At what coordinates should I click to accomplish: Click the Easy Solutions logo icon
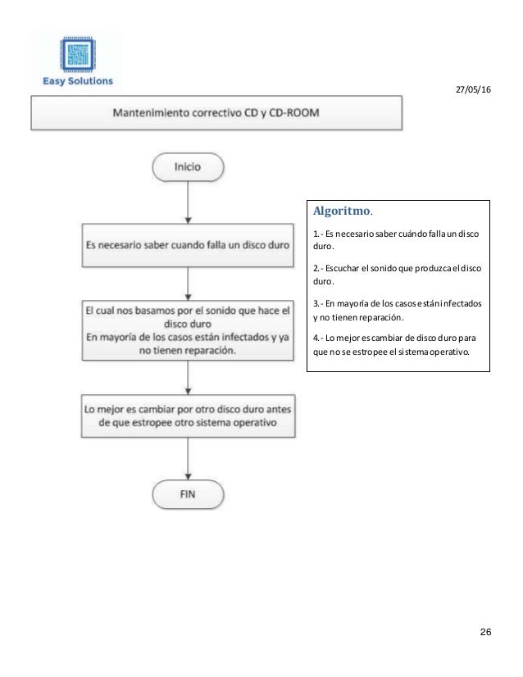(79, 52)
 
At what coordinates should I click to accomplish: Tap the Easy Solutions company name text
(79, 81)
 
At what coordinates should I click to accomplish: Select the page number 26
(484, 632)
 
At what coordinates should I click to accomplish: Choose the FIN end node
(188, 494)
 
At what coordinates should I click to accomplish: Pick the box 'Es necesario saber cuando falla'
(188, 243)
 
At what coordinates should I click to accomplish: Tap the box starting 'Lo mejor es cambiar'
(188, 415)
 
